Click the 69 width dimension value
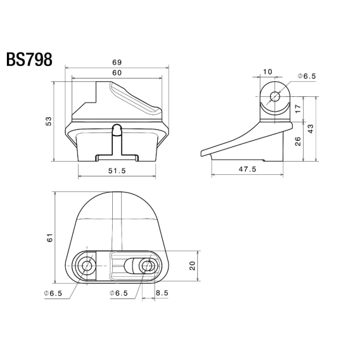[116, 62]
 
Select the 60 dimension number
[116, 74]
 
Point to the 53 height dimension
[49, 121]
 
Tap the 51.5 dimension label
[117, 170]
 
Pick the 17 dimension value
[297, 109]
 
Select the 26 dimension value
[297, 141]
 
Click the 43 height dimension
[311, 129]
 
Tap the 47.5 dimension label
[247, 169]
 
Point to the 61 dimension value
[50, 237]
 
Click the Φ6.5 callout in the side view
[306, 76]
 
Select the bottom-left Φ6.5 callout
[53, 293]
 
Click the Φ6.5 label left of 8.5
[119, 293]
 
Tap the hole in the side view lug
[274, 96]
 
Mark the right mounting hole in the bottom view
[148, 266]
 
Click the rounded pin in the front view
[116, 131]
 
